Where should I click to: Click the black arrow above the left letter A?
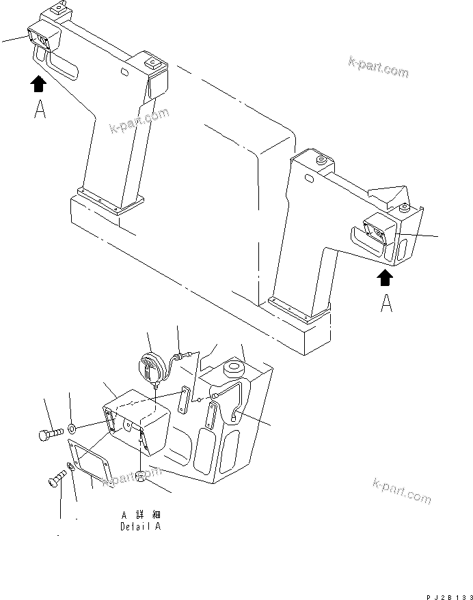tap(39, 84)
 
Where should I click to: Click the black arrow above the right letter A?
tap(386, 276)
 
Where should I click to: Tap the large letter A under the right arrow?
tap(386, 302)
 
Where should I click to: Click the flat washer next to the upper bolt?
tap(72, 429)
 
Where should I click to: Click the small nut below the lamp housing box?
tap(141, 475)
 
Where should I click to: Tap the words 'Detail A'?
tap(141, 526)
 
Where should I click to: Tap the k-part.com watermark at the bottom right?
tap(401, 490)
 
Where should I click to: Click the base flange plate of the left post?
tap(111, 199)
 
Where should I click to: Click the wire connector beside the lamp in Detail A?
tap(183, 354)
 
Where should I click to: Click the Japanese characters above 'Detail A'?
tap(141, 515)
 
